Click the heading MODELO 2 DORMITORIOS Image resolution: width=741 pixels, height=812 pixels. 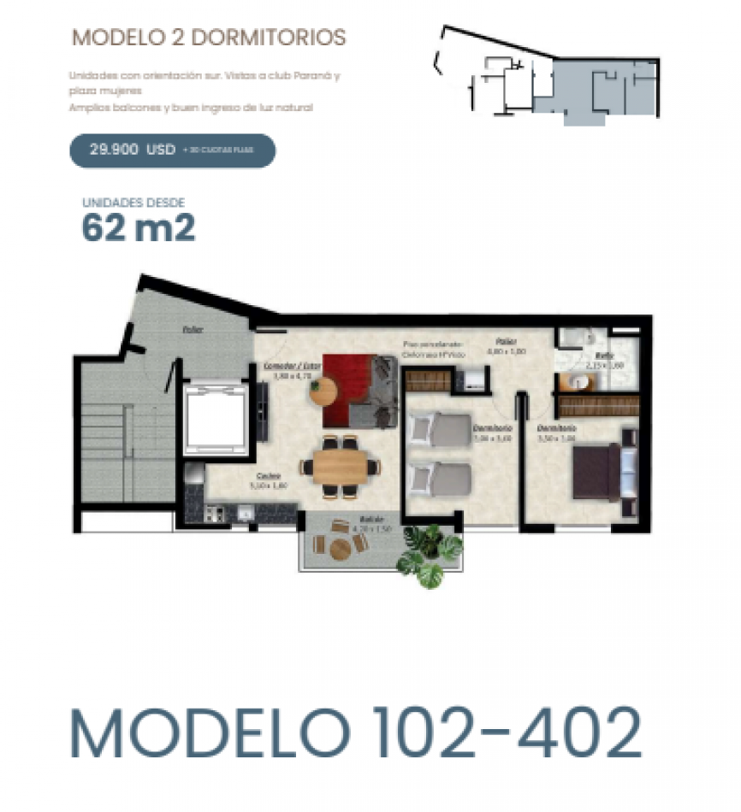[x=209, y=38]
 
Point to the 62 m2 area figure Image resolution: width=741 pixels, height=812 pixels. [x=139, y=228]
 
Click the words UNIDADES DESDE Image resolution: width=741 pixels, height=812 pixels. [x=133, y=203]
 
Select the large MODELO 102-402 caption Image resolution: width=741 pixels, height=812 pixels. [x=355, y=733]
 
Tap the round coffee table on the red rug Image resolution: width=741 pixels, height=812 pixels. [x=324, y=391]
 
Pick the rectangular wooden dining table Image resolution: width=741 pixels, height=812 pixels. [x=341, y=467]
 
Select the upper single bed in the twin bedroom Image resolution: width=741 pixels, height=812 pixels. [x=439, y=428]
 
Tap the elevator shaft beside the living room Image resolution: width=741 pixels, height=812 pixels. [x=215, y=419]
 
